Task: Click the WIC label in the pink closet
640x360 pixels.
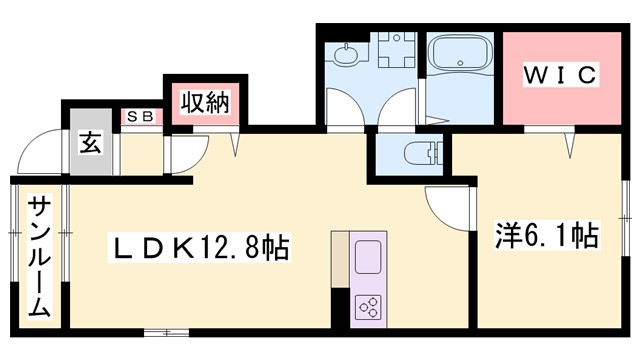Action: (558, 75)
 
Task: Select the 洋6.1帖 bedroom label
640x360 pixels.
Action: (547, 237)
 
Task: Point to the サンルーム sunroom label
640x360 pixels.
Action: (38, 256)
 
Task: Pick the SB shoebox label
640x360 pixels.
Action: (140, 117)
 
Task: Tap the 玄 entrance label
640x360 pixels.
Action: (91, 143)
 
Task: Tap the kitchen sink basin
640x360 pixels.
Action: (367, 256)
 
